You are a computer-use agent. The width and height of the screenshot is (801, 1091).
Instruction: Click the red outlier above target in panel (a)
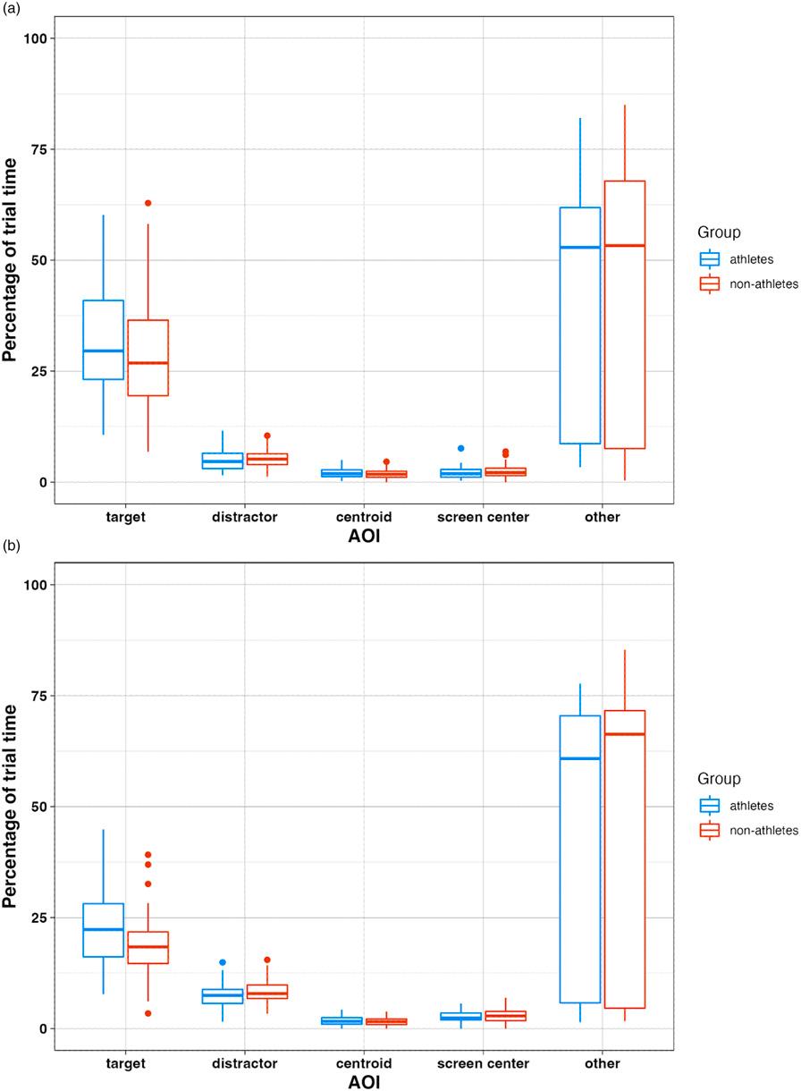(148, 203)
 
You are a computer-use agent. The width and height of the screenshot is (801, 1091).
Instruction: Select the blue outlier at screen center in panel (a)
(461, 448)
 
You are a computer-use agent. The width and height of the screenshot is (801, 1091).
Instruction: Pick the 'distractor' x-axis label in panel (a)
(245, 517)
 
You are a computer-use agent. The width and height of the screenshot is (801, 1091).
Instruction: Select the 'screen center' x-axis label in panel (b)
(484, 1063)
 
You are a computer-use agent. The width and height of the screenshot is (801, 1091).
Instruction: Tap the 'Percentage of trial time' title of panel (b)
(11, 806)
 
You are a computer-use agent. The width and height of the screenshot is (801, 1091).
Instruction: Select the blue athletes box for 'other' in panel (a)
(578, 326)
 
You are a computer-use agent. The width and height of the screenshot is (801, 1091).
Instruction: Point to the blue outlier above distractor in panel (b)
(223, 962)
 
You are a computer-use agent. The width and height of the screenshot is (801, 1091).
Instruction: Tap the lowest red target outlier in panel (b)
(148, 1013)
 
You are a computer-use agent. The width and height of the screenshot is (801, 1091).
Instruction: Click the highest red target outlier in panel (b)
(148, 855)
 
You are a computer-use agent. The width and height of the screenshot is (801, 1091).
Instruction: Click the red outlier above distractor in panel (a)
(266, 436)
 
